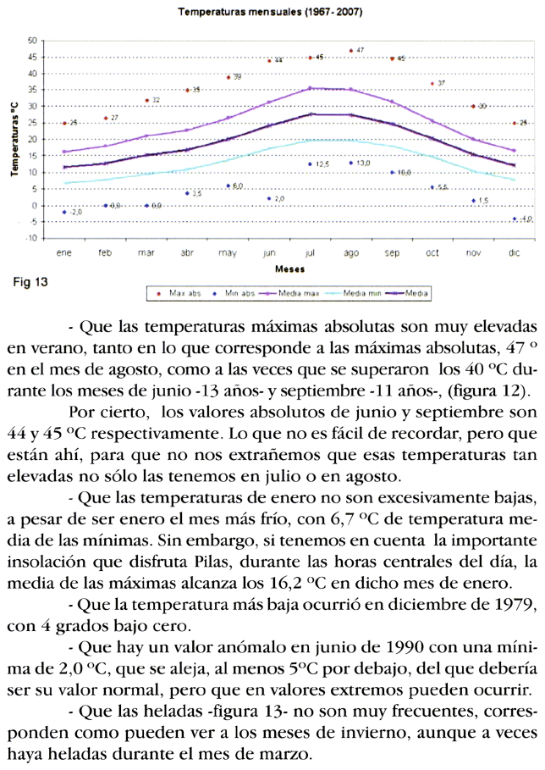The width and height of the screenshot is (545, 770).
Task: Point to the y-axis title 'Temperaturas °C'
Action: point(14,140)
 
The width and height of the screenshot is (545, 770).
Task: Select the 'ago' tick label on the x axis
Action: point(351,252)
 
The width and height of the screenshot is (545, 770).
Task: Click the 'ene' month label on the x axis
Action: point(64,252)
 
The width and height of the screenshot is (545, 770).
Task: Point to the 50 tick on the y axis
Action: point(32,41)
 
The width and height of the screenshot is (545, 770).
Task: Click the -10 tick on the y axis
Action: point(31,239)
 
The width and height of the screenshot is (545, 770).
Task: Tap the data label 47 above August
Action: point(360,51)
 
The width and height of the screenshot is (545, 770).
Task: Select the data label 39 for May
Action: point(237,77)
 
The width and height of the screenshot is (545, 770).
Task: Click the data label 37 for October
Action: point(441,84)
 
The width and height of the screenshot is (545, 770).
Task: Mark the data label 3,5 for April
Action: point(196,194)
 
